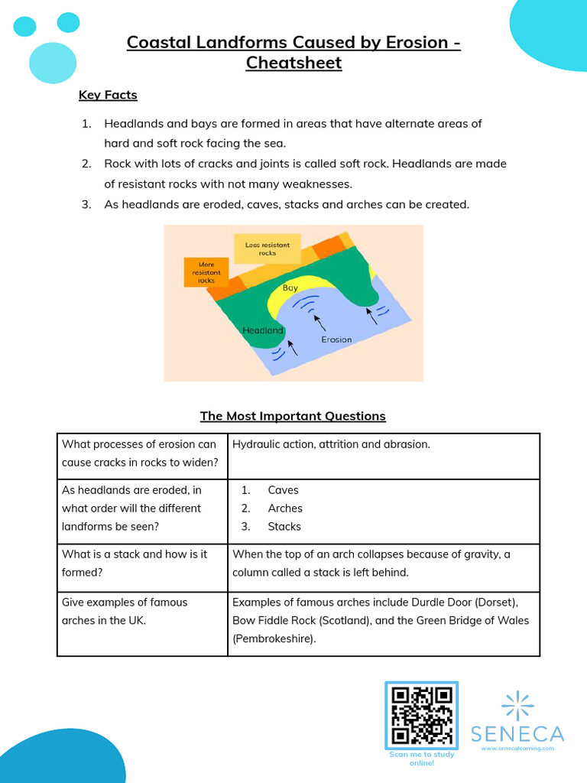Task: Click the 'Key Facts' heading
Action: (x=108, y=96)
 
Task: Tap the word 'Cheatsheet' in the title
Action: (x=293, y=63)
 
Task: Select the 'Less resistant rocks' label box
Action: (x=267, y=249)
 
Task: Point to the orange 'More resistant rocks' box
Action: (x=206, y=272)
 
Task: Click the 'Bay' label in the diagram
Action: (x=290, y=288)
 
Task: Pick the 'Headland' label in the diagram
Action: (x=262, y=331)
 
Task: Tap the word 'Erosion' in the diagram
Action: (x=336, y=339)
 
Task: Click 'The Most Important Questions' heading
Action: (x=293, y=416)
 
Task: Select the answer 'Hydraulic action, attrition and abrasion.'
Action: (x=331, y=444)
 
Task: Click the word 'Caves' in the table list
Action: (x=283, y=490)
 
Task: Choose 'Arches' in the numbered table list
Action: (x=285, y=508)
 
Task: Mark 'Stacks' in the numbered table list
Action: (x=284, y=527)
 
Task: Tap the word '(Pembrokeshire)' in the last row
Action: (x=274, y=638)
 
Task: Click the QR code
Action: (x=421, y=715)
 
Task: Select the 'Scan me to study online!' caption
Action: (x=421, y=759)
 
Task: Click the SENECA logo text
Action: (x=517, y=734)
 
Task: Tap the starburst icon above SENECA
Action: (x=517, y=703)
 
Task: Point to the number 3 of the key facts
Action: (x=87, y=204)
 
